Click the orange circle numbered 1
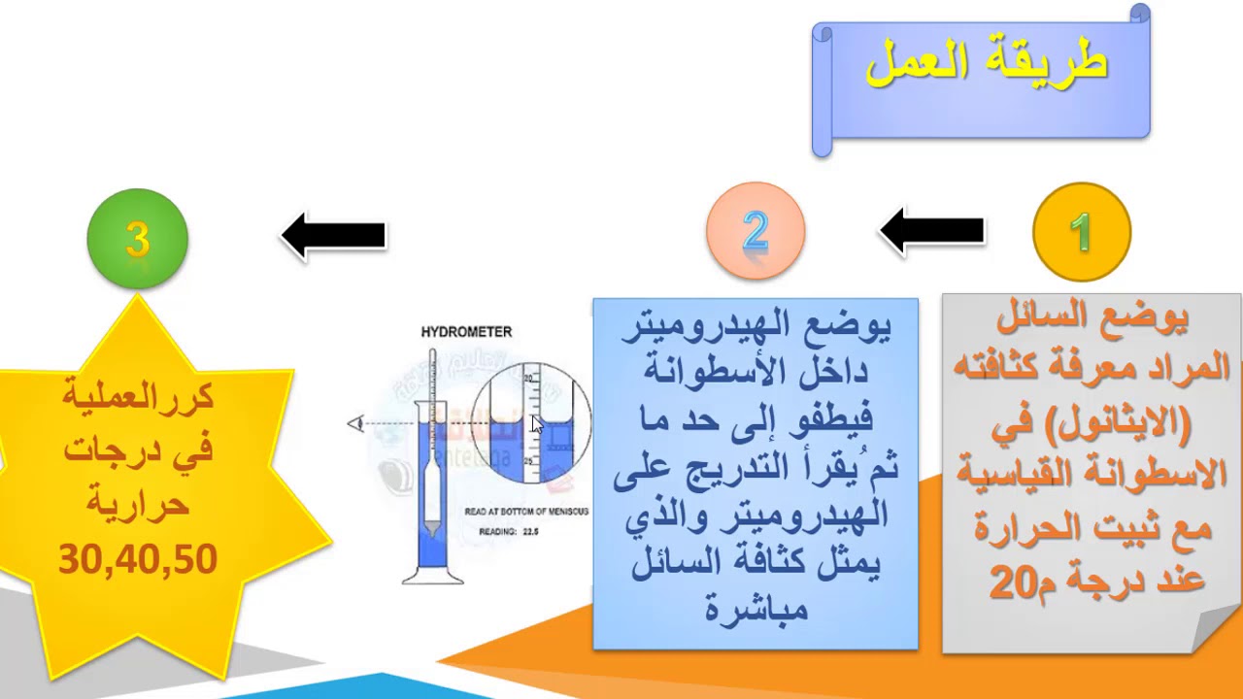coord(1081,232)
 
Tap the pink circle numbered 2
coord(756,231)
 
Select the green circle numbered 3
coord(137,239)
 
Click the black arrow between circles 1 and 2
coord(931,231)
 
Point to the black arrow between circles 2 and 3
coord(333,236)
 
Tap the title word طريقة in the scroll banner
coord(1054,64)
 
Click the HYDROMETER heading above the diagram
coord(466,332)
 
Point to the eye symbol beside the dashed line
coord(355,423)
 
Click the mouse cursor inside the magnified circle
coord(536,423)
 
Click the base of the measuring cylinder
coord(433,577)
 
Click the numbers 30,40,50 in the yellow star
coord(138,560)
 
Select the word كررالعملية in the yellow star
coord(138,398)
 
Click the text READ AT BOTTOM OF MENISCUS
coord(526,511)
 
